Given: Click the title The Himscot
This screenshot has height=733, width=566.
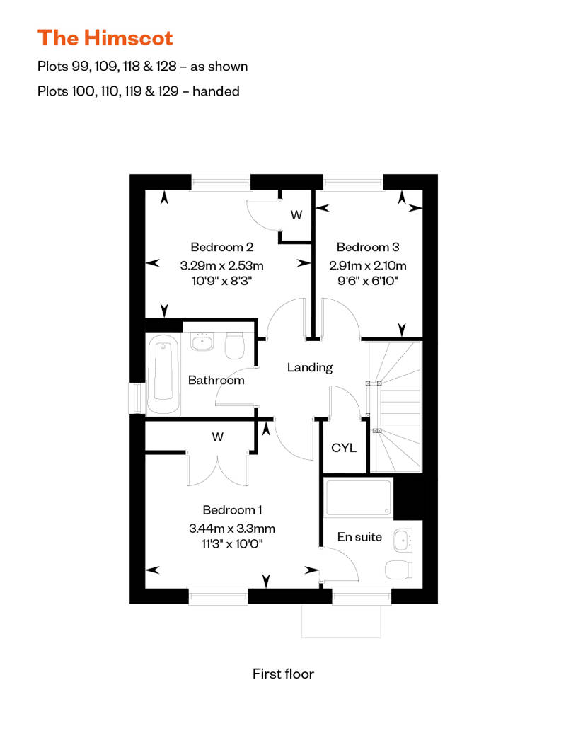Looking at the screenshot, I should (x=105, y=37).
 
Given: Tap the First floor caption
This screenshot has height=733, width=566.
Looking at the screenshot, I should (x=283, y=673).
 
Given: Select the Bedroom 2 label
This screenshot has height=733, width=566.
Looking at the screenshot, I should (x=221, y=247).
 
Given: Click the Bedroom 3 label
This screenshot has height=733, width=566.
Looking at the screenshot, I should (x=367, y=247).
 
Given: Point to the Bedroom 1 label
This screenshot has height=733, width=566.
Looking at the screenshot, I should (x=232, y=509).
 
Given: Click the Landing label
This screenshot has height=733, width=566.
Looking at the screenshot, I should (x=309, y=367).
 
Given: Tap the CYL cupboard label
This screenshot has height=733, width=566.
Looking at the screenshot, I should (x=344, y=449).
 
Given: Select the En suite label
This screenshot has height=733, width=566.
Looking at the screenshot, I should (x=359, y=537).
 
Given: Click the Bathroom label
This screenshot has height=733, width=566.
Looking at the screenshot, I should (x=216, y=380).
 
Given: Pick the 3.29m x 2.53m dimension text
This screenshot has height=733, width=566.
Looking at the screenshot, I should (x=221, y=266).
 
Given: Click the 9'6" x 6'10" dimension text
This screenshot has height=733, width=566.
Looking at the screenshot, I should (x=367, y=281).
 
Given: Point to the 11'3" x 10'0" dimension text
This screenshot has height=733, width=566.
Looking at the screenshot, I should (x=232, y=543).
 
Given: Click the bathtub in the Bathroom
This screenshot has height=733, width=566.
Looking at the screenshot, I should (x=163, y=376).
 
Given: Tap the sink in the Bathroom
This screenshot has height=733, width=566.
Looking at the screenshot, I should (x=202, y=342).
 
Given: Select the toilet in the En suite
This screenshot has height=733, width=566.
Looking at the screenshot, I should (x=400, y=570).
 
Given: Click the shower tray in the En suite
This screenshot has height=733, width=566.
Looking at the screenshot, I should (x=357, y=498).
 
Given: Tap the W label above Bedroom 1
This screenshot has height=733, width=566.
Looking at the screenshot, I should (x=217, y=437).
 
